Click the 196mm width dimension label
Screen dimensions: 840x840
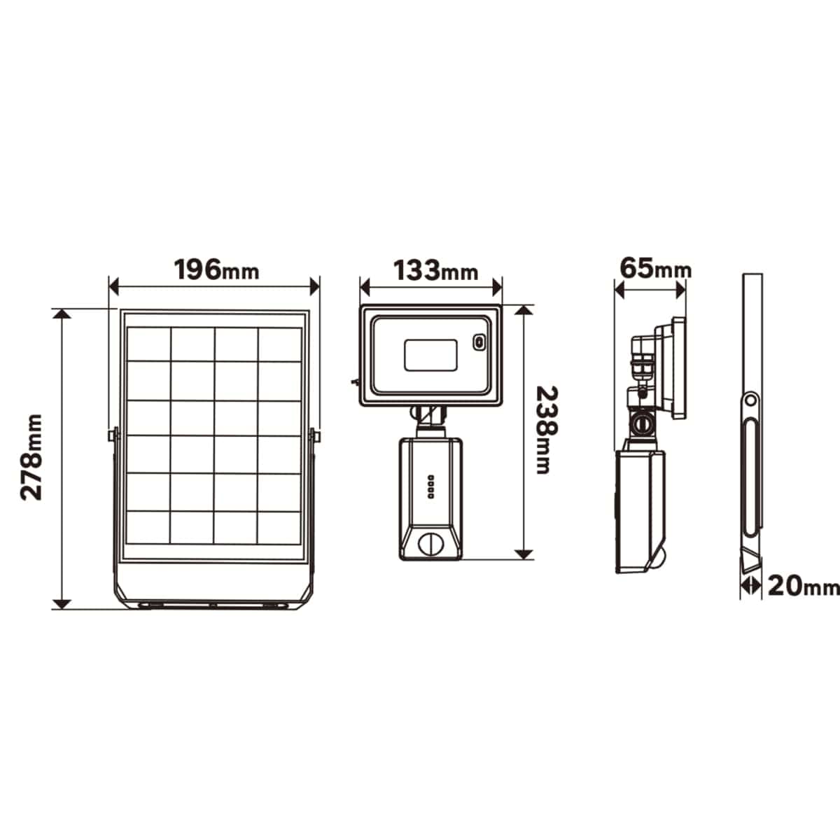coord(216,269)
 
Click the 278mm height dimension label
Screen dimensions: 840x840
coord(31,456)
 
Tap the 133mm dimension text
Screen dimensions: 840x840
coord(435,269)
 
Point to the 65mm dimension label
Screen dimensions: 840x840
coord(655,267)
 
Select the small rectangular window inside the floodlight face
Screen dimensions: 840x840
coord(430,354)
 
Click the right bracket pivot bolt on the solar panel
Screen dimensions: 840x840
coord(316,435)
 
